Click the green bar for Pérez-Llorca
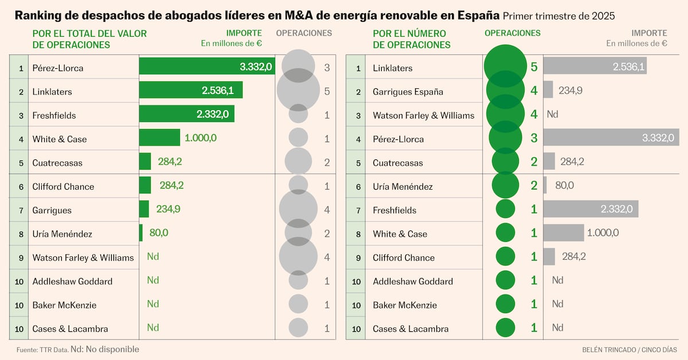(x=207, y=66)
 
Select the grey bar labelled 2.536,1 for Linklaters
(x=595, y=65)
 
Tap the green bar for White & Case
(x=159, y=138)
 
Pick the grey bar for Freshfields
(x=591, y=209)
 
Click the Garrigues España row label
(x=408, y=92)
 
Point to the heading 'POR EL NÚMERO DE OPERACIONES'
(x=412, y=39)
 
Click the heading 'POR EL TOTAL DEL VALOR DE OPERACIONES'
(x=89, y=39)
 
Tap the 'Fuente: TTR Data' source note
(x=42, y=350)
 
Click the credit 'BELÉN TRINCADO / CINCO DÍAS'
(x=630, y=350)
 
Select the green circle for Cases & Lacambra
(x=505, y=327)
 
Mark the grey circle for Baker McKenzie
(x=298, y=304)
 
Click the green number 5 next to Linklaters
(x=534, y=67)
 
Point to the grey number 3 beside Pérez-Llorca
(x=327, y=68)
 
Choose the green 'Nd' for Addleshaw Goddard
(x=153, y=280)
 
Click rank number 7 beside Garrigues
(x=21, y=210)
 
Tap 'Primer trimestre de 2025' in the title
(x=558, y=16)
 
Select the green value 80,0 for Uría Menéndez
(x=159, y=233)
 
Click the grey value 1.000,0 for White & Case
(x=603, y=233)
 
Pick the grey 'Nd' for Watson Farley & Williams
(x=552, y=114)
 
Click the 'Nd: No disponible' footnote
(x=105, y=349)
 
